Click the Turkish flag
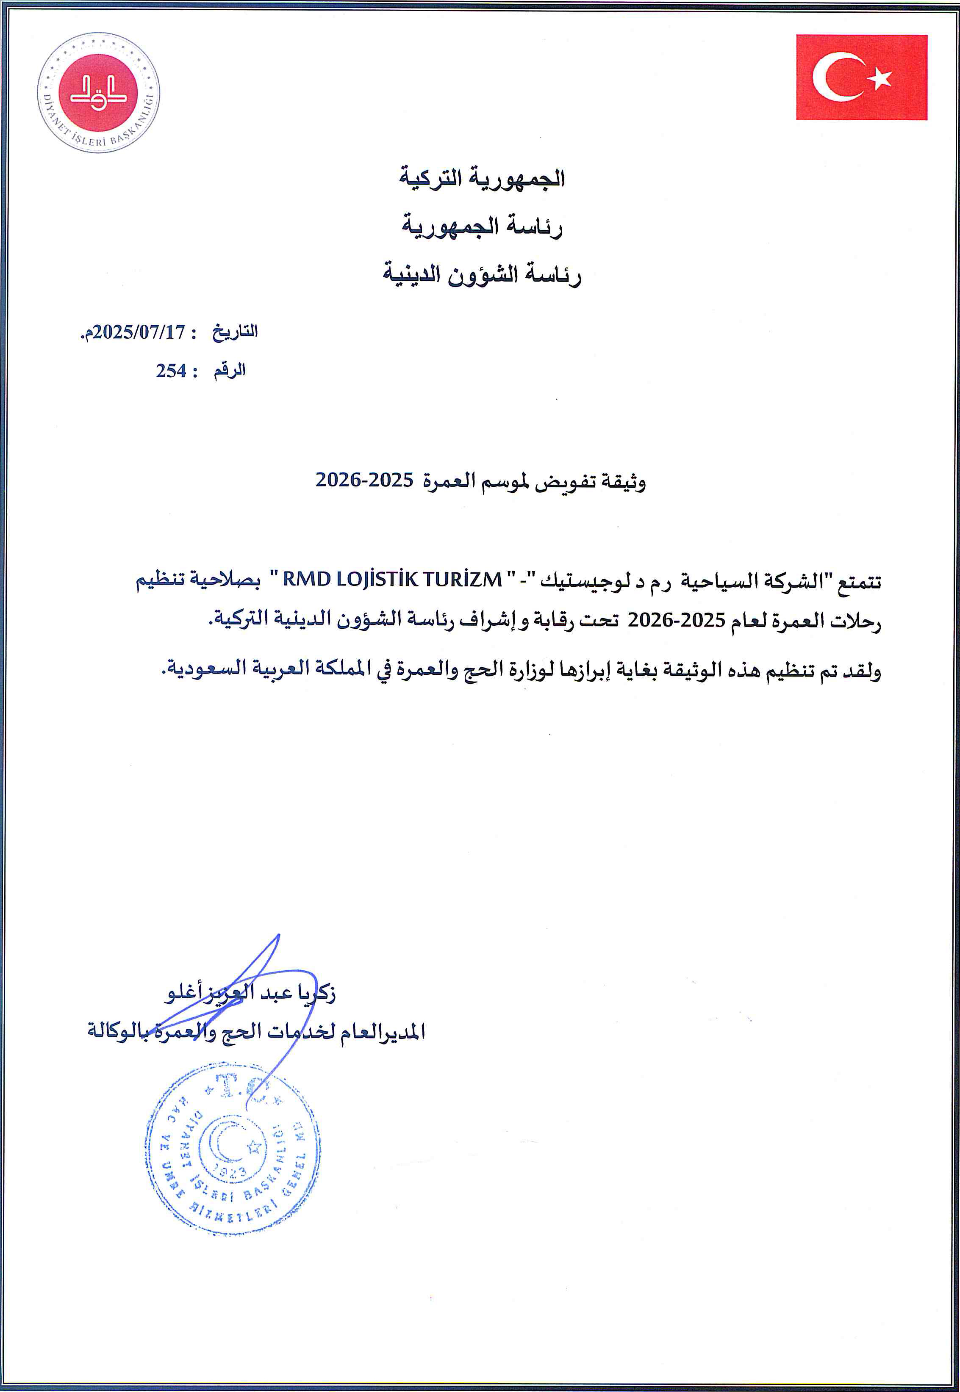tap(861, 77)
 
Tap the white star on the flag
tap(882, 77)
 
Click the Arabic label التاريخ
tap(235, 332)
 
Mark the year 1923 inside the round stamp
tap(232, 1172)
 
